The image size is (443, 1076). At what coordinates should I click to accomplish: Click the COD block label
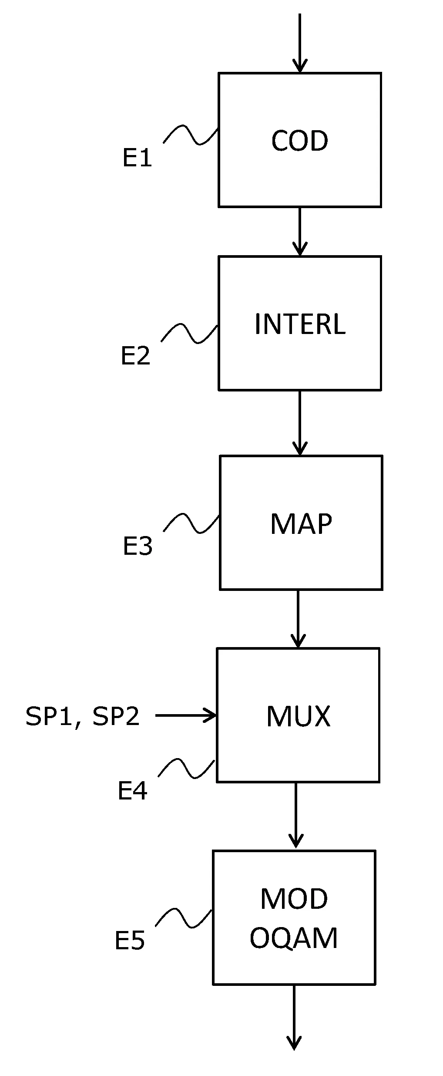coord(299,141)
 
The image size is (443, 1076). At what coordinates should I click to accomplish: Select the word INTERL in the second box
coord(300,324)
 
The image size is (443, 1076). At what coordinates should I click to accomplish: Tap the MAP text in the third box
coord(301,524)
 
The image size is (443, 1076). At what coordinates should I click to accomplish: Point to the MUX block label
coord(298,716)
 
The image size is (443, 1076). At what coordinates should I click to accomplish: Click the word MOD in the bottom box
coord(294,899)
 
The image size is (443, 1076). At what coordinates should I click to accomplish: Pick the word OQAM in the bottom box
coord(294,938)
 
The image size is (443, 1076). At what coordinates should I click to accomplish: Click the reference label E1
coord(137,158)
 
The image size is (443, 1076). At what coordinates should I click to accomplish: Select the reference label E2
coord(135,355)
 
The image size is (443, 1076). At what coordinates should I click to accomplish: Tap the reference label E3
coord(138,546)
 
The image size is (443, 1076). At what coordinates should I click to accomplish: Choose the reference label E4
coord(132,791)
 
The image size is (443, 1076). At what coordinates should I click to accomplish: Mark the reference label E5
coord(130,941)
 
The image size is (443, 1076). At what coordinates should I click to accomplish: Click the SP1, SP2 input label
coord(83,716)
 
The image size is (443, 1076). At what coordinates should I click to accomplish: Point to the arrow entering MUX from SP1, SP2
coord(186,715)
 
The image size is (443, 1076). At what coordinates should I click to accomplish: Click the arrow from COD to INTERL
coord(299,231)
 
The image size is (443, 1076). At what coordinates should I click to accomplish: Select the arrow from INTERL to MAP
coord(299,422)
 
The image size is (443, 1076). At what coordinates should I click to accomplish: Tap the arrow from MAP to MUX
coord(298,619)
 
